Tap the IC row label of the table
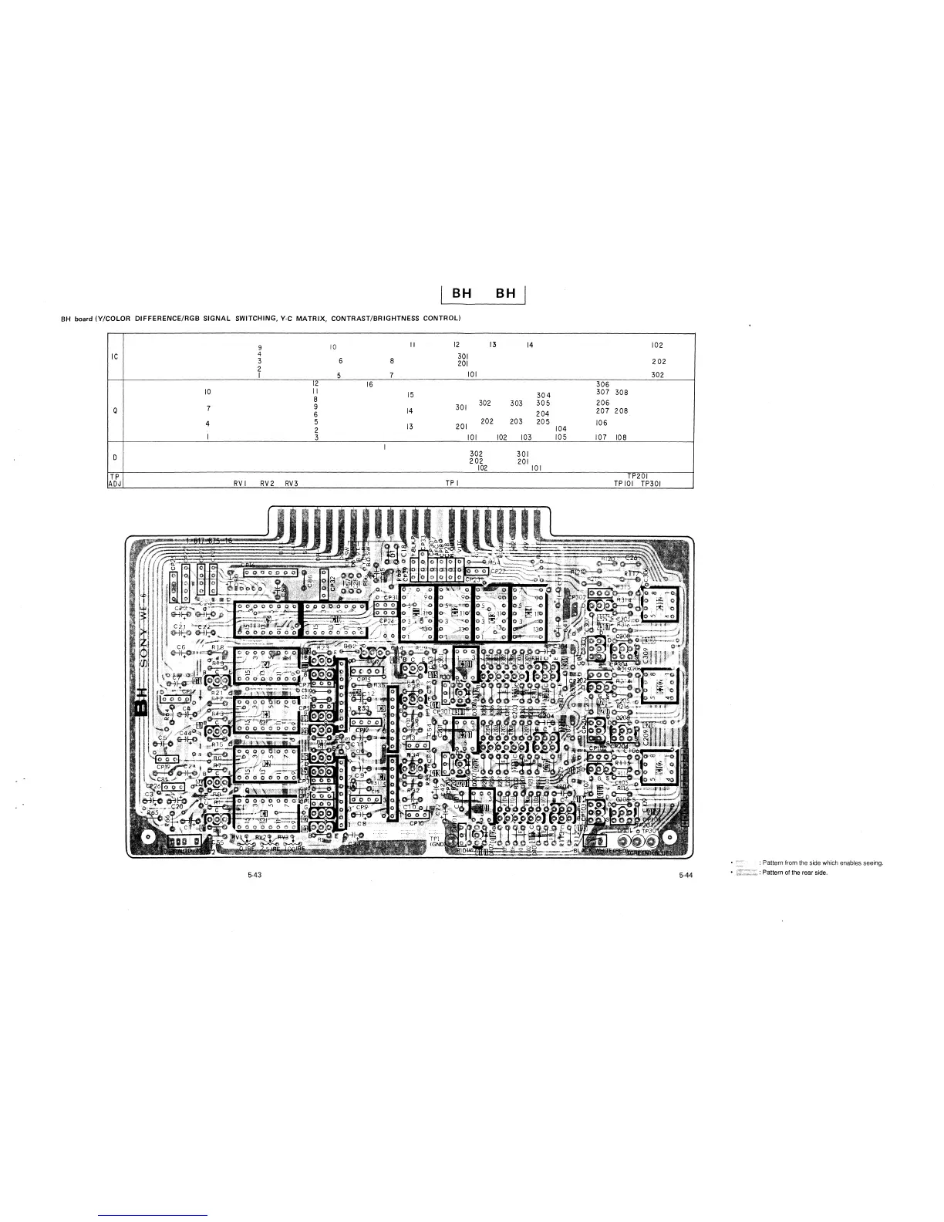(x=114, y=357)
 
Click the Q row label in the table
(x=114, y=410)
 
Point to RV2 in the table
(x=267, y=484)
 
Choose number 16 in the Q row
(x=370, y=384)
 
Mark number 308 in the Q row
(x=622, y=393)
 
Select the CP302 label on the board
(x=577, y=597)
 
